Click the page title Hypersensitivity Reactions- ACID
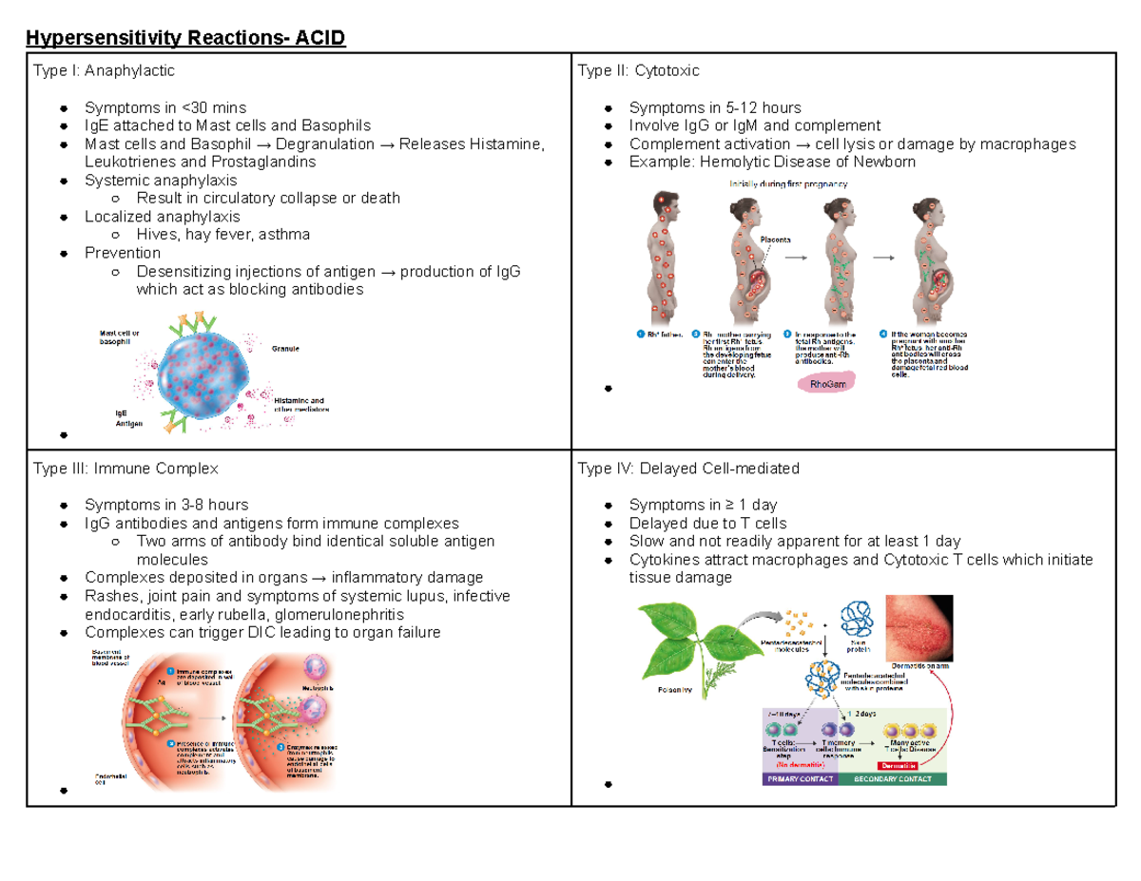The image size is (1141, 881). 186,39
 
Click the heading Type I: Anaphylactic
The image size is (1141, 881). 104,70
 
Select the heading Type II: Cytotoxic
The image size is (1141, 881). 638,70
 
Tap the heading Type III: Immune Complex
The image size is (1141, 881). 126,469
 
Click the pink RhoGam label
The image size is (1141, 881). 826,384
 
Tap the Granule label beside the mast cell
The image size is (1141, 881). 285,349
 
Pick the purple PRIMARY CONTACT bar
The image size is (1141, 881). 799,779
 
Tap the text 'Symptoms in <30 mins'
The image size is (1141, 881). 165,107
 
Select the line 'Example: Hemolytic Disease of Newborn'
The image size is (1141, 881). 772,162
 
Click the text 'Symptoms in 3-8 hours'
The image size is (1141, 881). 166,505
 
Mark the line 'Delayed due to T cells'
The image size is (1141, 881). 707,523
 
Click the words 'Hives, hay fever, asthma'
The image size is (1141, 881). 223,234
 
